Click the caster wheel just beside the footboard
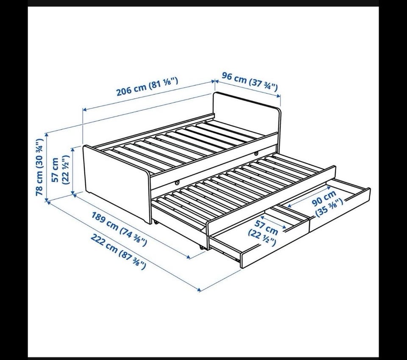(155, 222)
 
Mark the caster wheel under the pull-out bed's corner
(202, 247)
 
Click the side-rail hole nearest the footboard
(177, 183)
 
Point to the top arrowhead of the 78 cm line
(47, 135)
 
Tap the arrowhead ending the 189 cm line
(189, 257)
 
